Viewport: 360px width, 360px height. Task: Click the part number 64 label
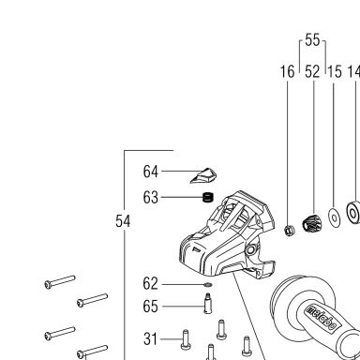(150, 172)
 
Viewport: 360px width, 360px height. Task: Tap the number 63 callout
(150, 198)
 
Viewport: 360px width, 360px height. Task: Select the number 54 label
(123, 221)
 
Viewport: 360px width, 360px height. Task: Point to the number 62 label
(150, 284)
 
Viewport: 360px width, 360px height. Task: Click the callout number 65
(150, 307)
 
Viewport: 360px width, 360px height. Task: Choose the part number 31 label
(150, 339)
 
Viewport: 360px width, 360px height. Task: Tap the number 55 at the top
(312, 40)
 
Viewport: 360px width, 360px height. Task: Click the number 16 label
(287, 71)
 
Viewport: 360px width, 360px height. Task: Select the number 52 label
(312, 71)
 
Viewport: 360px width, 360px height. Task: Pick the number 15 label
(335, 71)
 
